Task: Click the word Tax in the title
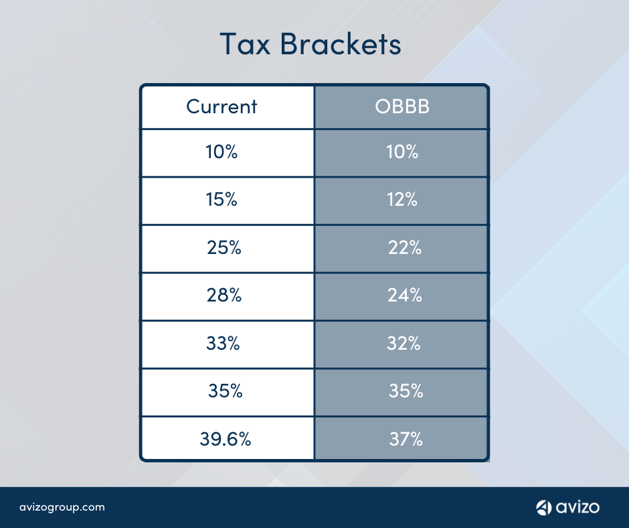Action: click(x=245, y=44)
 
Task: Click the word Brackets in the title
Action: click(x=341, y=44)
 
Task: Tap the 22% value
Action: click(x=405, y=247)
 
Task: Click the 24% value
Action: click(x=405, y=295)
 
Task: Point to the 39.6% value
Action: click(x=226, y=439)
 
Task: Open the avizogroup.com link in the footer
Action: click(x=62, y=507)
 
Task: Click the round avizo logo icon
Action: click(x=543, y=507)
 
